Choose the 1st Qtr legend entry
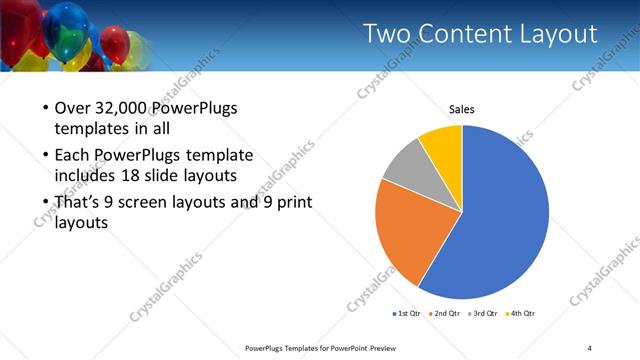407,313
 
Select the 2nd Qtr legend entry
444,313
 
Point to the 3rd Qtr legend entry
481,313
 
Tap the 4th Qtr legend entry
519,313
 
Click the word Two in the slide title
384,35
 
